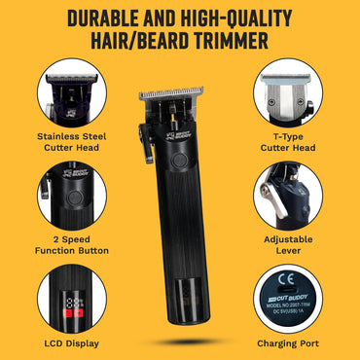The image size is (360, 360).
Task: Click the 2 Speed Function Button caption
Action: coord(70,243)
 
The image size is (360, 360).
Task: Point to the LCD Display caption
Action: coord(70,342)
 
